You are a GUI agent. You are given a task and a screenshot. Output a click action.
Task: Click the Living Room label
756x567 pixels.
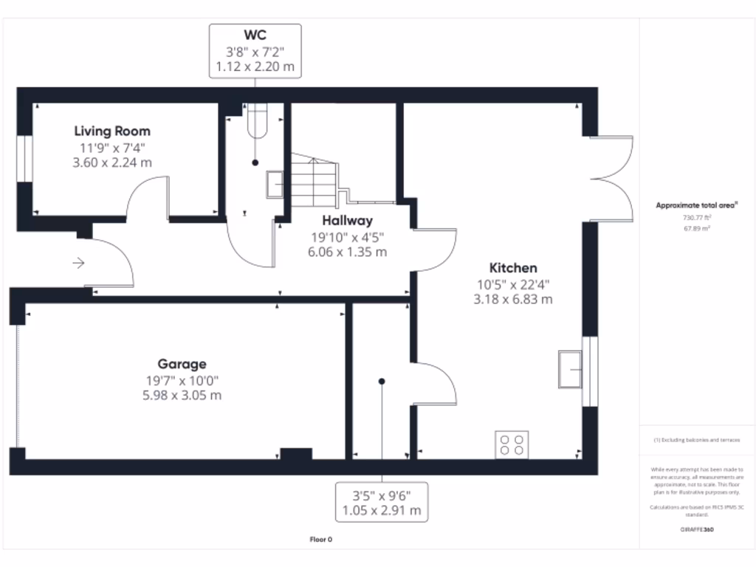click(112, 131)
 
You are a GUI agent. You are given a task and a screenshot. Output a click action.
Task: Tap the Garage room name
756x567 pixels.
click(182, 364)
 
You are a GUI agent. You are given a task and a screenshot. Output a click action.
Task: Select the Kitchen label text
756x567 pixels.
click(513, 268)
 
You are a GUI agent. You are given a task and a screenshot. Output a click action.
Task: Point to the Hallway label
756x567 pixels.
click(347, 220)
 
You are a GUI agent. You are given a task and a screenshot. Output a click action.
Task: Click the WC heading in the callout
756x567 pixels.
click(255, 35)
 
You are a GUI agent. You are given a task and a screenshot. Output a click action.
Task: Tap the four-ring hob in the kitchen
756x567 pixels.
click(512, 444)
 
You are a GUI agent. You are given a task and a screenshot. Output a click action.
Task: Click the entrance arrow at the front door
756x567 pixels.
click(79, 262)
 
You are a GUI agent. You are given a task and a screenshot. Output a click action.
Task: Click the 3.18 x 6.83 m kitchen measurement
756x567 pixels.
click(514, 299)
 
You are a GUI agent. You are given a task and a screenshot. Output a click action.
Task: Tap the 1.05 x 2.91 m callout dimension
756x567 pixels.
click(381, 510)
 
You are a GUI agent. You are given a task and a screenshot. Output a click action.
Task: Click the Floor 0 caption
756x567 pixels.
click(320, 540)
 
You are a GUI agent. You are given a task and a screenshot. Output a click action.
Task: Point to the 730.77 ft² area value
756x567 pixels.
click(698, 219)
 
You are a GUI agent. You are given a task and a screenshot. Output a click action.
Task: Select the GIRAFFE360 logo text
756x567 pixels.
click(698, 529)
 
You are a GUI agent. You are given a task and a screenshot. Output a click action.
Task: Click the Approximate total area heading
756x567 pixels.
click(698, 206)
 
